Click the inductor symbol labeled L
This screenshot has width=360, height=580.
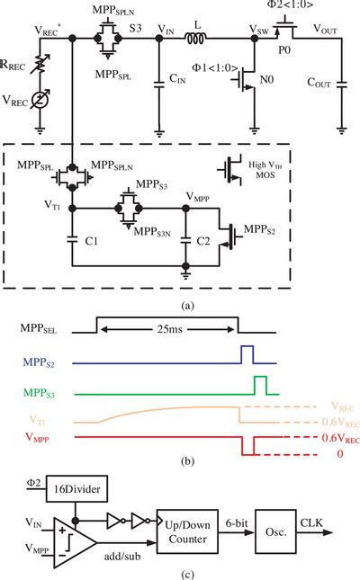tap(196, 38)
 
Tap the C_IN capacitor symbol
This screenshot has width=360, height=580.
tap(159, 84)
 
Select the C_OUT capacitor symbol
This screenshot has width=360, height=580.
tap(342, 85)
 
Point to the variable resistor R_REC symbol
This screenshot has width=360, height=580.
tap(40, 65)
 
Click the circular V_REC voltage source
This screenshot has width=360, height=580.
tap(40, 100)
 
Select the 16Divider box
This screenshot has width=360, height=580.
tap(76, 488)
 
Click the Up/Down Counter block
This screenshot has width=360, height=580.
tap(187, 531)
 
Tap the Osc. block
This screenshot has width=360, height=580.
tap(275, 531)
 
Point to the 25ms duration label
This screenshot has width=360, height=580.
tap(169, 329)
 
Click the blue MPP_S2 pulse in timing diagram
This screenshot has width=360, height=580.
tap(247, 354)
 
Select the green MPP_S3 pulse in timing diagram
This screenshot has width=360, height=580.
tap(260, 386)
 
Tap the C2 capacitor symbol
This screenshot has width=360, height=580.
tap(186, 240)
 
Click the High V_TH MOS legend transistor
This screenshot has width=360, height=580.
tap(230, 171)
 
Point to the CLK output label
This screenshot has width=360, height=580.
tap(311, 523)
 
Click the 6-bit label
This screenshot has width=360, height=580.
tap(237, 523)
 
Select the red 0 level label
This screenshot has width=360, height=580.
tap(340, 453)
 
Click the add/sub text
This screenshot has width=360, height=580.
tap(122, 556)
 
